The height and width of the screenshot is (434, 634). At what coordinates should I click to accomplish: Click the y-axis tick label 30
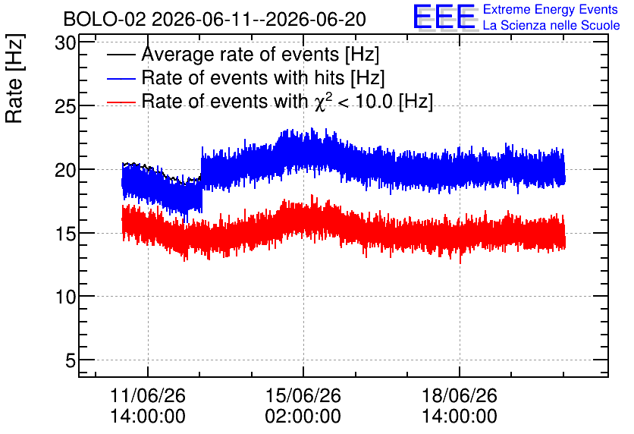click(x=65, y=43)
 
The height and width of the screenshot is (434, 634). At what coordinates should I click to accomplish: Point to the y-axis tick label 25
click(x=65, y=107)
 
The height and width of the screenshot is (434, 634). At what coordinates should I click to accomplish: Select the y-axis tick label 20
click(x=65, y=170)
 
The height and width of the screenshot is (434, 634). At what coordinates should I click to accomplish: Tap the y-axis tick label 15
click(x=65, y=234)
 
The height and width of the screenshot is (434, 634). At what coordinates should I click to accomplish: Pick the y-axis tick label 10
click(x=65, y=297)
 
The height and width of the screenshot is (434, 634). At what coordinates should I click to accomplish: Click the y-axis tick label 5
click(x=71, y=360)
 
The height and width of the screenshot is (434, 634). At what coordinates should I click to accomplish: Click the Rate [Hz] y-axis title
click(x=14, y=78)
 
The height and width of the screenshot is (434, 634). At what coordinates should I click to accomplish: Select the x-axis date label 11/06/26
click(x=148, y=395)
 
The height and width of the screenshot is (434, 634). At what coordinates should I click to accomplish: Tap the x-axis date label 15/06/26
click(x=303, y=395)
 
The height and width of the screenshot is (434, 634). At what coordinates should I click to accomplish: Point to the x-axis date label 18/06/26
click(x=460, y=395)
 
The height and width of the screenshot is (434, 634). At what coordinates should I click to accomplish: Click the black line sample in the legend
click(x=121, y=55)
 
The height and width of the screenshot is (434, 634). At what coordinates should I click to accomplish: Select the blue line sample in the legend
click(x=121, y=78)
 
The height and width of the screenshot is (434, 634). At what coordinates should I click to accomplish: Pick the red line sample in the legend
click(x=121, y=102)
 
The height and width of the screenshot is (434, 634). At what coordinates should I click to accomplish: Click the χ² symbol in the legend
click(x=322, y=102)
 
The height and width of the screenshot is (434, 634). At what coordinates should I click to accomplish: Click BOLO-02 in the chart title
click(x=105, y=19)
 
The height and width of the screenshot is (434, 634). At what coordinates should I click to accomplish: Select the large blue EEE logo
click(x=444, y=17)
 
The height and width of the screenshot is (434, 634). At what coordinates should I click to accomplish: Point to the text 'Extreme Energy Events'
click(x=551, y=9)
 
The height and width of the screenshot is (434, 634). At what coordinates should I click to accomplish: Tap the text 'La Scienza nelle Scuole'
click(x=551, y=26)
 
